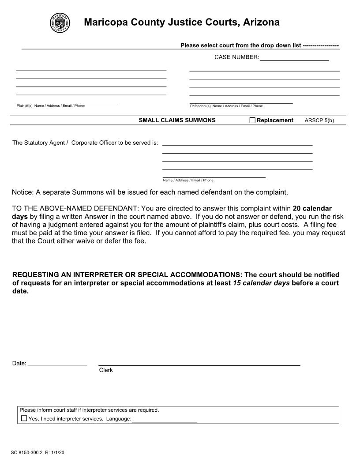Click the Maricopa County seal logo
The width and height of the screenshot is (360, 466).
coord(60,23)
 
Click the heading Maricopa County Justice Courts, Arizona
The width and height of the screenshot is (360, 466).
coord(181,23)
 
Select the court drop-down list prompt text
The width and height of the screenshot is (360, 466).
coord(240,45)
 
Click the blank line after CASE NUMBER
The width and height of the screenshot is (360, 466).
coord(294,57)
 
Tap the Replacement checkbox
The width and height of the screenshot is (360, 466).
coord(252,120)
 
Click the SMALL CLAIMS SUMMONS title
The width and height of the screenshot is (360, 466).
coord(177,120)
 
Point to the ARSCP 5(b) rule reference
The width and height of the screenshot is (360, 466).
coord(319,120)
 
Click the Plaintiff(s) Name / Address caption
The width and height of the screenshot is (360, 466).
coord(50,106)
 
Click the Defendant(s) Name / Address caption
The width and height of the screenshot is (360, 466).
coord(226,106)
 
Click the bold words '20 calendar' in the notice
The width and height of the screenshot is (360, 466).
coord(312,208)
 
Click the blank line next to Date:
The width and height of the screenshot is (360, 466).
coord(57,363)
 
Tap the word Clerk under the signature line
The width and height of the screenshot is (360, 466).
coord(106,370)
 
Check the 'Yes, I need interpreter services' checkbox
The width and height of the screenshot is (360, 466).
coord(24,418)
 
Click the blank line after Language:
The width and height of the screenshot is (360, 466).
coord(165,419)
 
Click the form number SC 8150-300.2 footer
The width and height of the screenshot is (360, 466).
coord(38,453)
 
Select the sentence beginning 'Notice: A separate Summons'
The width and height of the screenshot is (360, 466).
coord(150,192)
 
